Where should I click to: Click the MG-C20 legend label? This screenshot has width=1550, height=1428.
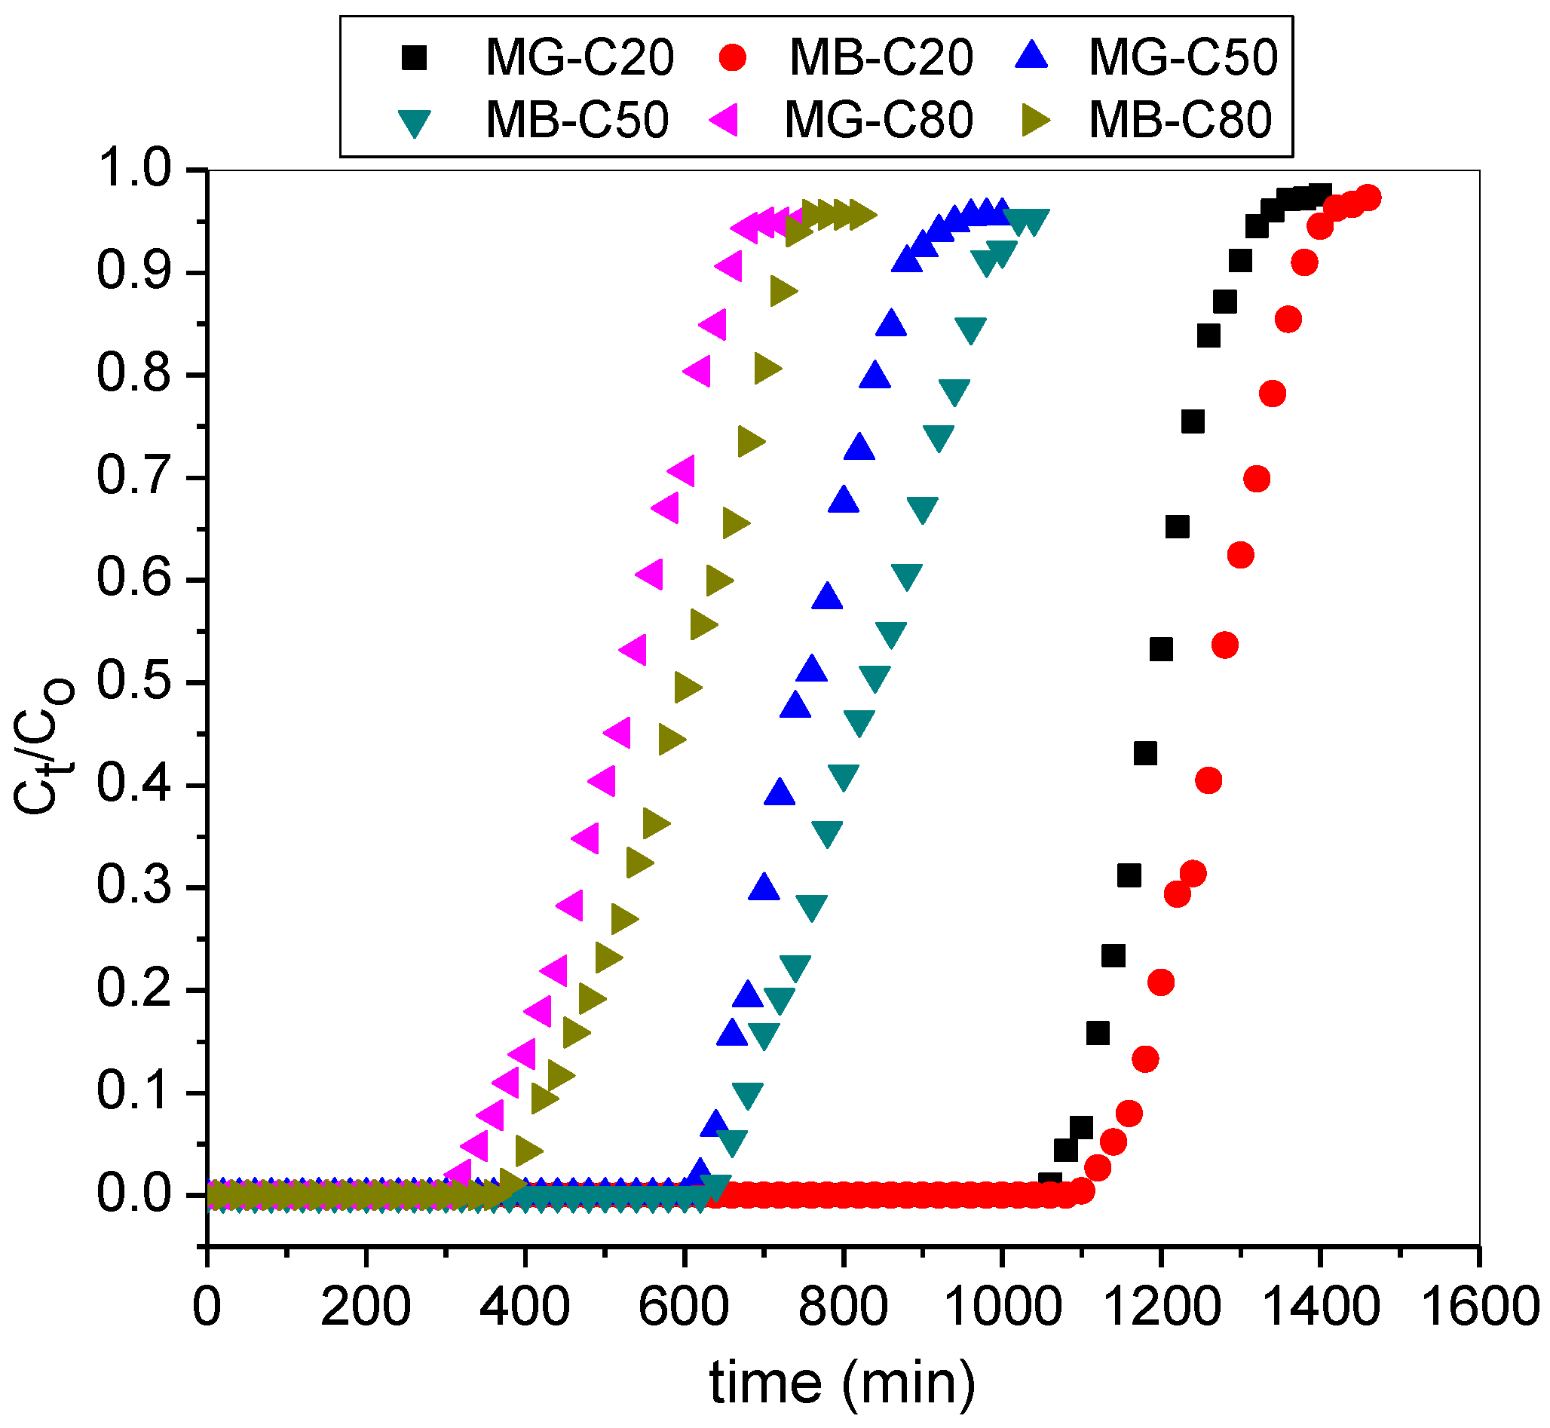(579, 58)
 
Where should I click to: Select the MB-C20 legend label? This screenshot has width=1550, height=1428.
(881, 58)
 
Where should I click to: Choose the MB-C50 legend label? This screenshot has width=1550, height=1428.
(577, 121)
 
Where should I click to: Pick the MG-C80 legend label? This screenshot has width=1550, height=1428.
(878, 121)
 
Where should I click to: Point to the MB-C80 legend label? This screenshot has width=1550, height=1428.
(1180, 121)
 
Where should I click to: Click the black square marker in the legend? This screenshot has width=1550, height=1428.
(415, 58)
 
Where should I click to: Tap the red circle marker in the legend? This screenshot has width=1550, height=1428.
(733, 58)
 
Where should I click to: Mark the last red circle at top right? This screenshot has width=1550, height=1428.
(1368, 198)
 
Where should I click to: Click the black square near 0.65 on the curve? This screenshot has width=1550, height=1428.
(1177, 527)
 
